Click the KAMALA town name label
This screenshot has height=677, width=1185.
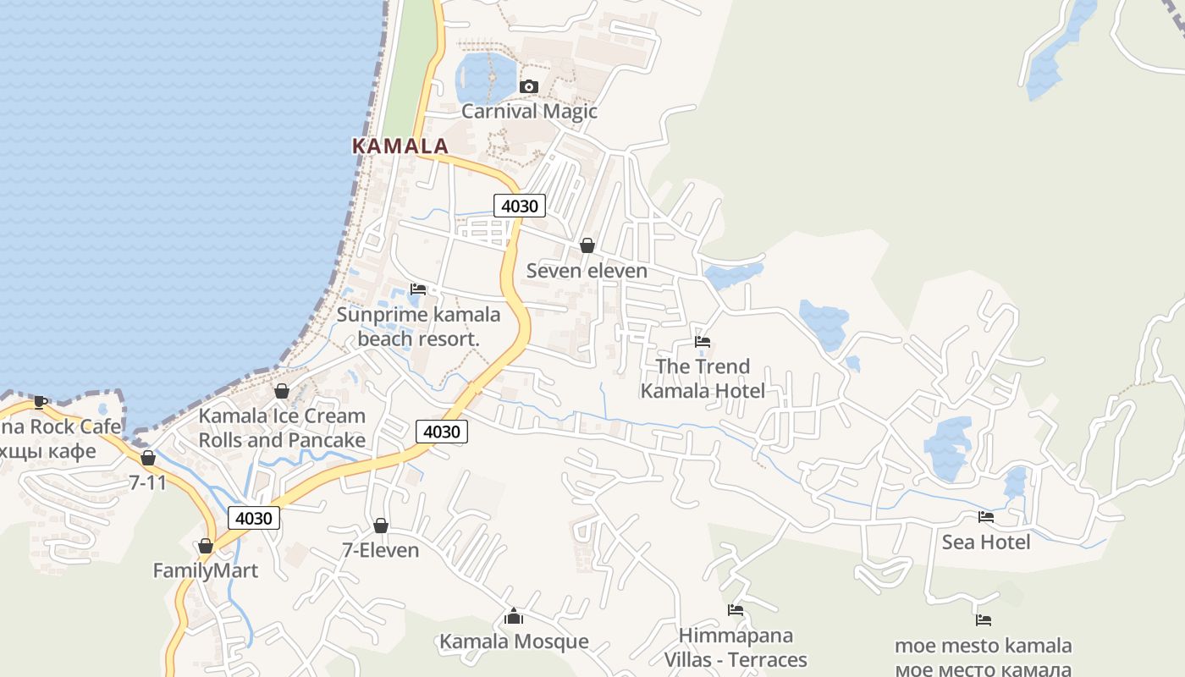pyautogui.click(x=400, y=146)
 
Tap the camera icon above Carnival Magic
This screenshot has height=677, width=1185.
pyautogui.click(x=529, y=86)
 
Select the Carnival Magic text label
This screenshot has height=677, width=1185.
pyautogui.click(x=529, y=111)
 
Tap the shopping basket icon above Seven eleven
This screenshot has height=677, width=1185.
pyautogui.click(x=587, y=245)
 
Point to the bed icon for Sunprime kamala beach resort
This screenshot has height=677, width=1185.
pyautogui.click(x=418, y=289)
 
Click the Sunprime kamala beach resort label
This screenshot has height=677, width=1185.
pyautogui.click(x=418, y=327)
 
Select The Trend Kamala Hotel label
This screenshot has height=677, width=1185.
pyautogui.click(x=703, y=378)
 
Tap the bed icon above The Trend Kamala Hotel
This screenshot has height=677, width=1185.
pyautogui.click(x=703, y=342)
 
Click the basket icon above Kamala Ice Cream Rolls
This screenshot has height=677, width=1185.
pyautogui.click(x=282, y=391)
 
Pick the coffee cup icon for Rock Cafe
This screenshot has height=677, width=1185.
pyautogui.click(x=40, y=402)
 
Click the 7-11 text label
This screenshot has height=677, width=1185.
pyautogui.click(x=147, y=482)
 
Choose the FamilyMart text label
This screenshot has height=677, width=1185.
pyautogui.click(x=205, y=570)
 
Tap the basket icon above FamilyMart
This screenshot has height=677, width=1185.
pyautogui.click(x=205, y=546)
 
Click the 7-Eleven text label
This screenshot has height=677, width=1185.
pyautogui.click(x=380, y=550)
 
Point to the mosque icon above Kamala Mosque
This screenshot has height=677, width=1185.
pyautogui.click(x=513, y=616)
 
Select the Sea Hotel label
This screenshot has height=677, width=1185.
pyautogui.click(x=986, y=542)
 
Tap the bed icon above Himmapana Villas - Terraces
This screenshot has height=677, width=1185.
pyautogui.click(x=735, y=610)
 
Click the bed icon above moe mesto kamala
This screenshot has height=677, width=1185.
pyautogui.click(x=983, y=620)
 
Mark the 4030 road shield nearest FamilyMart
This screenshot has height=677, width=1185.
pyautogui.click(x=253, y=518)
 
